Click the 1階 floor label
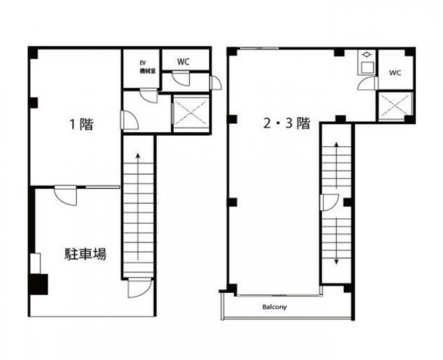(x=81, y=124)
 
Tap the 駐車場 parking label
(x=85, y=254)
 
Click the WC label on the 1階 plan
(x=183, y=62)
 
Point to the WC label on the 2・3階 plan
(x=395, y=73)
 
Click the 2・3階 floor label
(x=286, y=124)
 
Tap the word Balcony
(x=274, y=307)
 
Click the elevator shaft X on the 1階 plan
(x=190, y=112)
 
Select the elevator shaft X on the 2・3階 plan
(x=395, y=105)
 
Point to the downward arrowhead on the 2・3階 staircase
(x=337, y=262)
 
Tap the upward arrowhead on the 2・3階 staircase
(x=337, y=144)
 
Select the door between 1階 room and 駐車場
(x=65, y=195)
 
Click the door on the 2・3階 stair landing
(x=329, y=202)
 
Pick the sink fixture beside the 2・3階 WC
(x=367, y=62)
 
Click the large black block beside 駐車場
(x=38, y=284)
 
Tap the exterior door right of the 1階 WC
(x=216, y=83)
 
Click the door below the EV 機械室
(x=149, y=95)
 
